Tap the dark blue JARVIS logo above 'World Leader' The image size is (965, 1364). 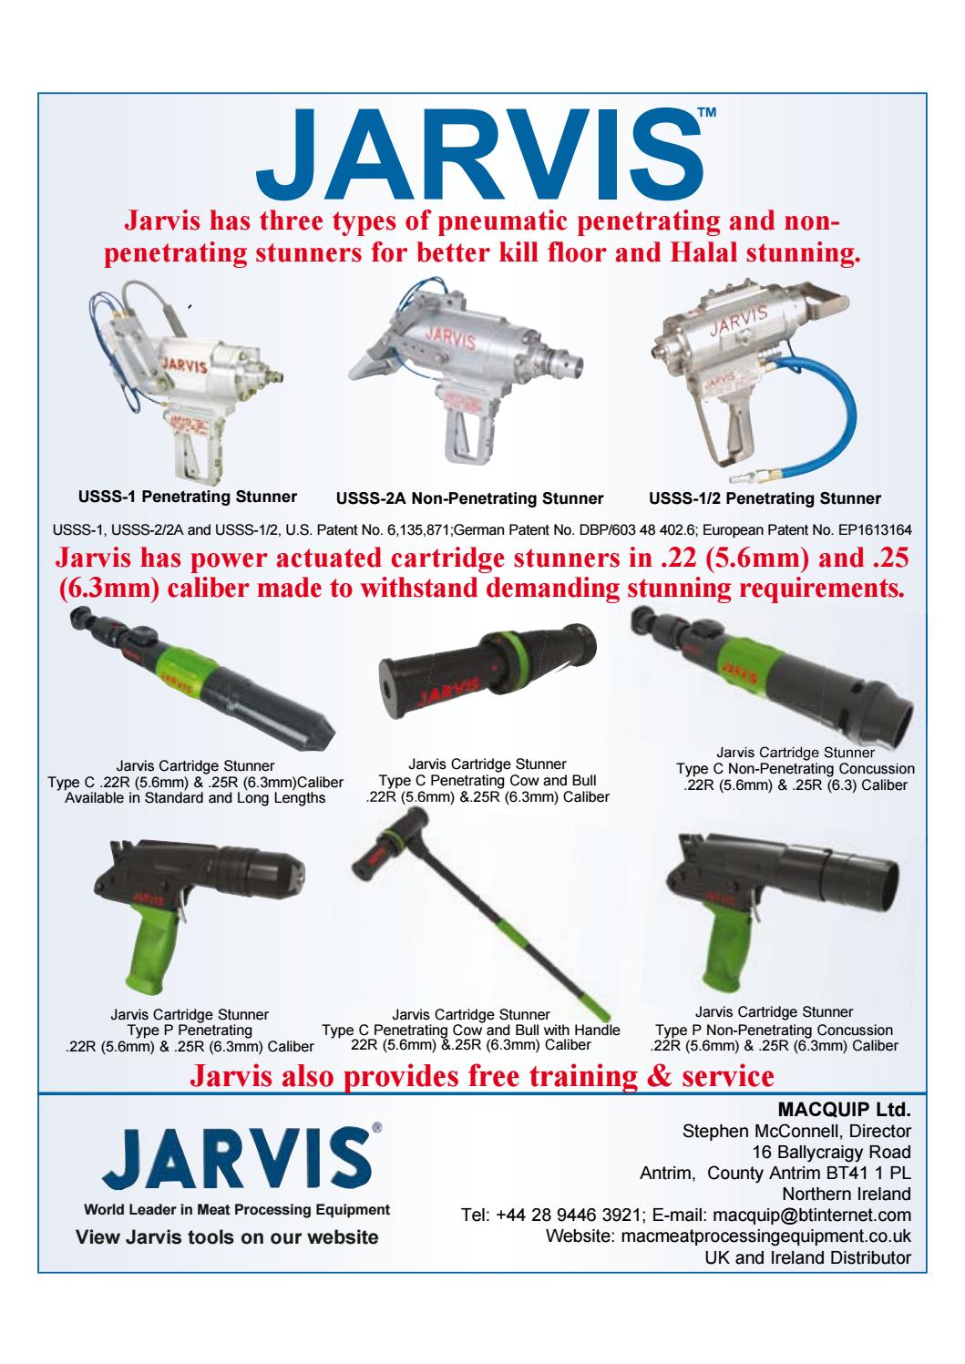tap(237, 1157)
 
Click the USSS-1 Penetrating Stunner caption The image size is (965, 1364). tap(188, 497)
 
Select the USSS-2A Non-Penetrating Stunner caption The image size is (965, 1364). tap(469, 498)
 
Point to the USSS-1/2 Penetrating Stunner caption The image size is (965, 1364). tap(765, 498)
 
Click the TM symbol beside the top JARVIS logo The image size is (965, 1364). tap(707, 113)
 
